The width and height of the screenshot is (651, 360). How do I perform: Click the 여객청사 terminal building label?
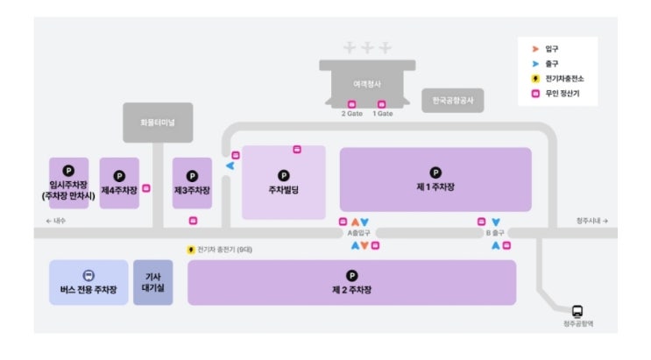coord(367,83)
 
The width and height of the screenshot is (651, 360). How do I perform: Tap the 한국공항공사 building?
coord(452,100)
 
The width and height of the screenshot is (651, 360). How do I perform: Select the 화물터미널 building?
coord(158,123)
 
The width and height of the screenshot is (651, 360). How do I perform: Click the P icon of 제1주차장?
coord(435,173)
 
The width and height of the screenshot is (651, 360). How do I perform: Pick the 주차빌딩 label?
coord(284,189)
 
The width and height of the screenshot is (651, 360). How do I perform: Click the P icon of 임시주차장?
coord(68,171)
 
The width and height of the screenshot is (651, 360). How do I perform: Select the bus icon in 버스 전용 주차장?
coord(88,274)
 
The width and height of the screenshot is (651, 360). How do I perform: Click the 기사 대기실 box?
coord(152,281)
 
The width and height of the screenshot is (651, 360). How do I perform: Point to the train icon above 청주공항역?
coord(577,311)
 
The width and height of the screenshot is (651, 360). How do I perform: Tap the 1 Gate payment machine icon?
coord(382,104)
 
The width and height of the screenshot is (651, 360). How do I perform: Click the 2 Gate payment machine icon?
coord(352,104)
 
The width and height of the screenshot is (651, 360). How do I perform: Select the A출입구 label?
coord(359,233)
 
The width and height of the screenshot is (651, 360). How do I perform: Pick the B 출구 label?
coord(496,233)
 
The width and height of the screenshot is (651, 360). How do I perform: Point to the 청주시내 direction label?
coord(592,221)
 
